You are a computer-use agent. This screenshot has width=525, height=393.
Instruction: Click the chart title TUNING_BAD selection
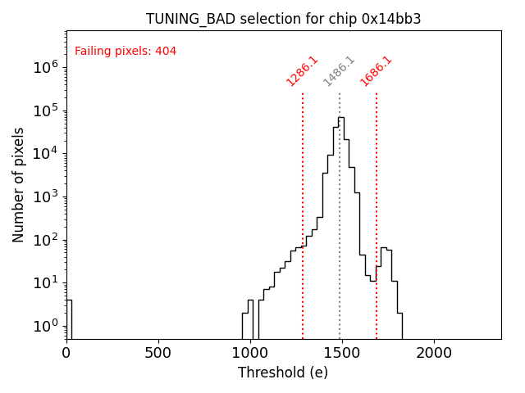tap(283, 19)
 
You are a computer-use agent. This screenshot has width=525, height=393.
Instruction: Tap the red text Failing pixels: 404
tap(126, 52)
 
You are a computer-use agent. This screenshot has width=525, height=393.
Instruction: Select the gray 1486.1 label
tap(339, 70)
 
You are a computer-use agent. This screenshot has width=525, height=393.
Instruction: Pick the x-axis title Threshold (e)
tap(283, 373)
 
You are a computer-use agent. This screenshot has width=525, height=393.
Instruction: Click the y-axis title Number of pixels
tap(19, 184)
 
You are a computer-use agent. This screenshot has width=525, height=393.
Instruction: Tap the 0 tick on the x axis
tap(66, 353)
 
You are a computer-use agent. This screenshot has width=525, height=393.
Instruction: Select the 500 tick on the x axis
tap(158, 353)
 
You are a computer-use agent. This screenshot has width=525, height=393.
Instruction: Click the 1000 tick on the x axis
tap(250, 353)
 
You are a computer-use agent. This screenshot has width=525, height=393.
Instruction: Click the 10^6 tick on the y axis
tap(45, 67)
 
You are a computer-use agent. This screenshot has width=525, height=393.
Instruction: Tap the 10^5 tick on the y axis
tap(45, 111)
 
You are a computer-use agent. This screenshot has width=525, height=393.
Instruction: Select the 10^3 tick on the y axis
tap(45, 196)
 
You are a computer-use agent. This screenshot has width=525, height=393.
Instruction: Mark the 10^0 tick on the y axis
tap(45, 326)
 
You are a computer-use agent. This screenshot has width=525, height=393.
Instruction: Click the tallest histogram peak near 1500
tap(340, 118)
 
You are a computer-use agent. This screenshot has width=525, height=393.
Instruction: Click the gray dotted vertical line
tap(340, 205)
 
